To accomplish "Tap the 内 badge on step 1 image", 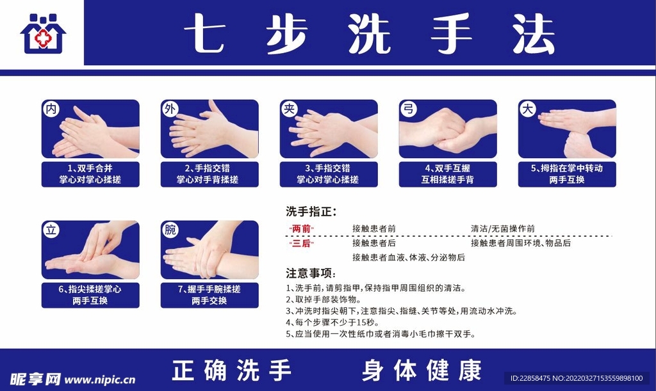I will [x=51, y=109].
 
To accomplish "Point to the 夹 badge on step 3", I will [x=289, y=109].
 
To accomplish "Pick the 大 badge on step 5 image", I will [x=527, y=109].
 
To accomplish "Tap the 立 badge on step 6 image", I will [x=51, y=230].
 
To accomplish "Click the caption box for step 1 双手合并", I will [x=90, y=173].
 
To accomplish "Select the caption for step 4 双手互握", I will [x=447, y=173].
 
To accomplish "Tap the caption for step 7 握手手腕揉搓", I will [x=209, y=295].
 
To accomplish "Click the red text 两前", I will [x=302, y=228].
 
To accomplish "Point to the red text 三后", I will [x=302, y=243].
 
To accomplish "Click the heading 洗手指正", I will [x=311, y=212].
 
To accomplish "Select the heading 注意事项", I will [x=311, y=273].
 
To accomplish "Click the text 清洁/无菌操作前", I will [x=503, y=228].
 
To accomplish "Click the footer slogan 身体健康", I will [x=421, y=371].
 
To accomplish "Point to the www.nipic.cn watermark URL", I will [x=100, y=379].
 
